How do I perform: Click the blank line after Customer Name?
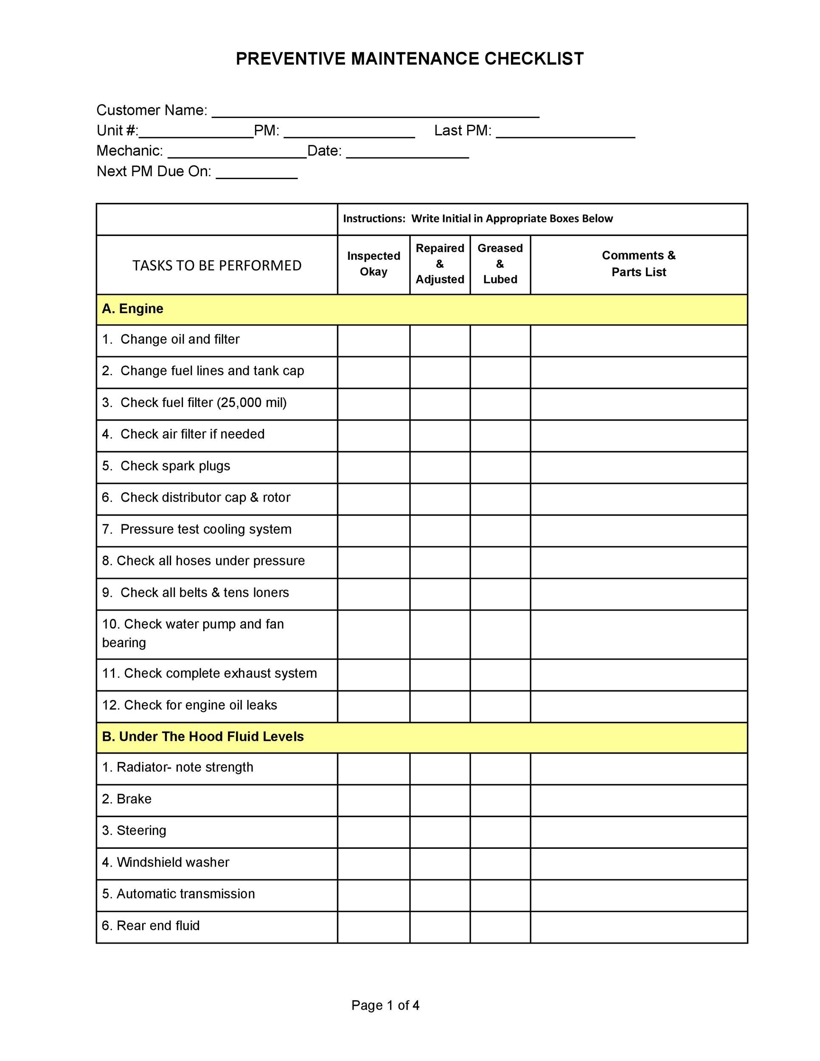click(375, 112)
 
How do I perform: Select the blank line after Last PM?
click(565, 132)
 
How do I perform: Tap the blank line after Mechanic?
click(237, 152)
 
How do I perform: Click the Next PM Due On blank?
click(256, 173)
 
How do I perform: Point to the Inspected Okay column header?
click(373, 264)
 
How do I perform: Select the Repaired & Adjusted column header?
click(440, 264)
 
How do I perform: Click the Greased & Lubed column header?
click(500, 264)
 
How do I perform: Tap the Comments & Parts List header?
click(638, 264)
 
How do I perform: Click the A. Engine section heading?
click(132, 309)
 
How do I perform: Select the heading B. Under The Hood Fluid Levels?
click(202, 737)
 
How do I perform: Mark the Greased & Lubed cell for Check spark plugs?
click(500, 467)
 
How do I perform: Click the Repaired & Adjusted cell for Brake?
click(440, 800)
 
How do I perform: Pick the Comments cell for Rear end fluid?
click(638, 926)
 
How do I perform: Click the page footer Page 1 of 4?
click(385, 1005)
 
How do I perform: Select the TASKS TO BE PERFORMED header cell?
click(216, 265)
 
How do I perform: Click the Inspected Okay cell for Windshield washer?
click(373, 863)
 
